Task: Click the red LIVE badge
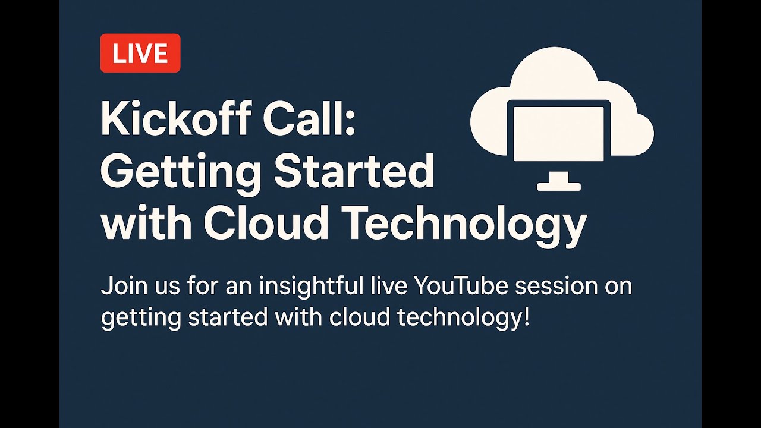pyautogui.click(x=140, y=53)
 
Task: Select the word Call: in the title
pyautogui.click(x=309, y=119)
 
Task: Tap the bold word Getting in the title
pyautogui.click(x=180, y=172)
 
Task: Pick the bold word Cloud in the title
pyautogui.click(x=266, y=224)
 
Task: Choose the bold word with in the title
pyautogui.click(x=146, y=224)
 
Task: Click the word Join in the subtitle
pyautogui.click(x=120, y=287)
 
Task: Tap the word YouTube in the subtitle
pyautogui.click(x=461, y=286)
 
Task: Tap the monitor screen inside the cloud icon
pyautogui.click(x=558, y=133)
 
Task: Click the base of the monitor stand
pyautogui.click(x=558, y=187)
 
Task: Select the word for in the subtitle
pyautogui.click(x=200, y=286)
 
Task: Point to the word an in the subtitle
pyautogui.click(x=237, y=287)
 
